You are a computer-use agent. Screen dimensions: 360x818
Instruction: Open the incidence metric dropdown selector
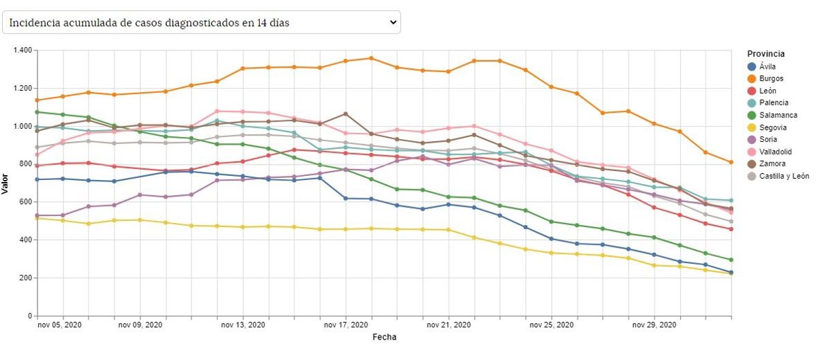tap(202, 22)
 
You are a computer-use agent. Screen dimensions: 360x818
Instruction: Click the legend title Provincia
tap(766, 54)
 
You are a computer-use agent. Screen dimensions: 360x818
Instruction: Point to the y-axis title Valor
tap(5, 183)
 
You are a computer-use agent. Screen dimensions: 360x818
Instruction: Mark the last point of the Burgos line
tap(731, 162)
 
